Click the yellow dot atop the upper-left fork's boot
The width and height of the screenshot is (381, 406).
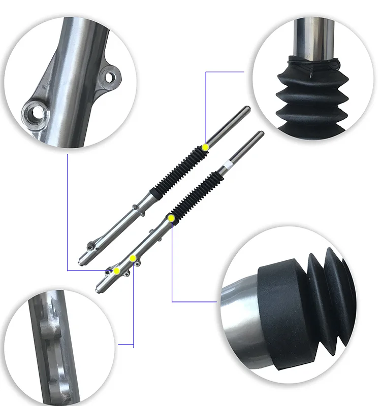[205, 147]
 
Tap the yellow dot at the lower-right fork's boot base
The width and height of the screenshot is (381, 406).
[171, 218]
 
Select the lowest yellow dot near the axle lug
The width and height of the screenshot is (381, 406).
[117, 271]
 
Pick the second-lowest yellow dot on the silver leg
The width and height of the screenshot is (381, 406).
[133, 258]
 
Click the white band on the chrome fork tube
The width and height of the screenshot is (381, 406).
[229, 165]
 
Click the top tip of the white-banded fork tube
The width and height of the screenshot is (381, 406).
[261, 133]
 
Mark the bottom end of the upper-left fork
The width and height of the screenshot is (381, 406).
[80, 262]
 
